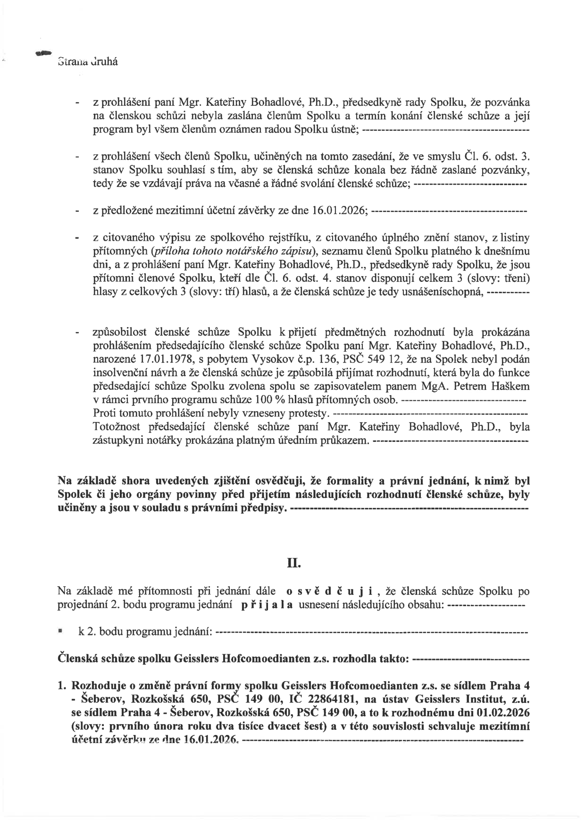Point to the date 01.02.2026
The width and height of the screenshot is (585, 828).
coord(505,711)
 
